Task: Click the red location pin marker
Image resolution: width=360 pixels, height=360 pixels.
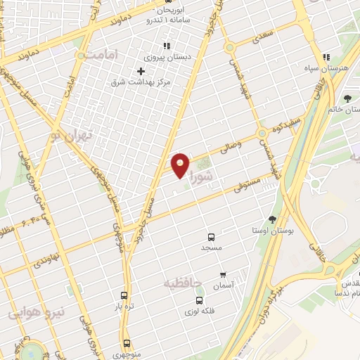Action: tap(181, 165)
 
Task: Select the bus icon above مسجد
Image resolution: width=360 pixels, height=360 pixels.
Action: tap(211, 237)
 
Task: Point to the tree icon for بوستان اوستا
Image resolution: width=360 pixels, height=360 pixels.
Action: tap(272, 220)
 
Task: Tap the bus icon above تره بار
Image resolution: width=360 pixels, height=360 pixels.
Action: tap(124, 296)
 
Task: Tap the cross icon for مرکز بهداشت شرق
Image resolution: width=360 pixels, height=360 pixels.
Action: tap(141, 71)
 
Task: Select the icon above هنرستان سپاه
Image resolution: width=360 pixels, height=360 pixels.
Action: tap(326, 57)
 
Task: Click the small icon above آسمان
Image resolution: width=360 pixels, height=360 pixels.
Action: tap(223, 275)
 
